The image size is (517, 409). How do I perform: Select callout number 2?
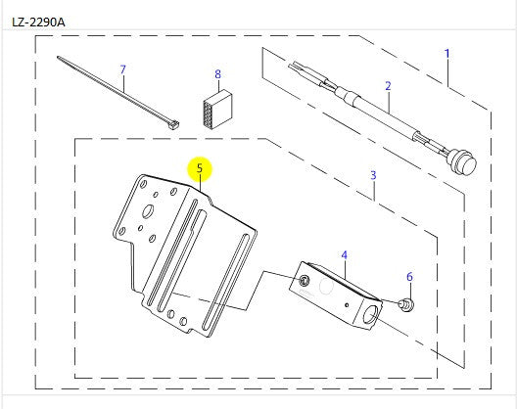coord(388,85)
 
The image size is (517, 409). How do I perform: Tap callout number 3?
coord(373,175)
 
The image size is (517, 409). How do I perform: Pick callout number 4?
coord(344,255)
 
